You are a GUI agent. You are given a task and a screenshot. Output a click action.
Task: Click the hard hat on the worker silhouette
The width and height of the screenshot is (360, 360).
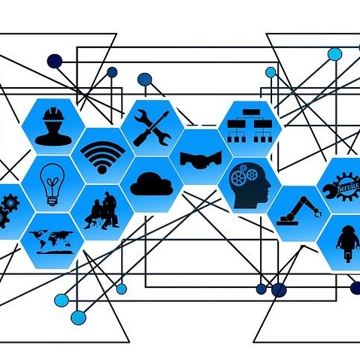coord(53,114)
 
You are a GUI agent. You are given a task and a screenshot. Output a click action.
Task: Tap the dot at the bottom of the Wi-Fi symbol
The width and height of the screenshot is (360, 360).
coord(102,170)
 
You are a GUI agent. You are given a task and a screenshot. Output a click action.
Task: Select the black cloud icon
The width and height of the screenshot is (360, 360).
coord(152,184)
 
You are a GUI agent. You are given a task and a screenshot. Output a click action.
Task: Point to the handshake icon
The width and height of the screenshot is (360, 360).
coord(201,159)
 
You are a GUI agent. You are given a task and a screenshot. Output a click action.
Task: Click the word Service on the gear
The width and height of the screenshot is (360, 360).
coord(348,186)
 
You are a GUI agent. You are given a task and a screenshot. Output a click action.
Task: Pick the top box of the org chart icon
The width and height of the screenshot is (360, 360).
coord(250,113)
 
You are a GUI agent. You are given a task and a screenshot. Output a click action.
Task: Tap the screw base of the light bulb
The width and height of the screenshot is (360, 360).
coord(53,201)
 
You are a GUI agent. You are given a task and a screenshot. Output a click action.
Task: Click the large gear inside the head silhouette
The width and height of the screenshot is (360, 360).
coord(238,178)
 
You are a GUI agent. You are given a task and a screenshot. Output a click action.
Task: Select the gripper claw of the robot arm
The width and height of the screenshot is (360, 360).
coord(318,213)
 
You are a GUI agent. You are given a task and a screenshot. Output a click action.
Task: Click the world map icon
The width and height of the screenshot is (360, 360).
coord(52,241)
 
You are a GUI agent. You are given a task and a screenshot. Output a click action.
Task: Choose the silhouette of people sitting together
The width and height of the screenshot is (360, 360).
coord(102,210)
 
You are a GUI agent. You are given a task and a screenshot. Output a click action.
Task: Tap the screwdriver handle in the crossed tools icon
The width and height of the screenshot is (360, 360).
coord(141,139)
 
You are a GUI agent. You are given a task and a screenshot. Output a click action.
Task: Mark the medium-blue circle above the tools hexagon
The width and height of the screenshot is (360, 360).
coord(144,79)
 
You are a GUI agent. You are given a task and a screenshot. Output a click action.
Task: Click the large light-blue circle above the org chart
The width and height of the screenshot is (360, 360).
coord(335,54)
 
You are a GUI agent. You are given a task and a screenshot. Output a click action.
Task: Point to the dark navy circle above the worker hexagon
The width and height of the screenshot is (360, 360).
coord(55,61)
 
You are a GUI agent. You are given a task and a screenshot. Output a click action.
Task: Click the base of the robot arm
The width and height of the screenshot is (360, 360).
coord(288,222)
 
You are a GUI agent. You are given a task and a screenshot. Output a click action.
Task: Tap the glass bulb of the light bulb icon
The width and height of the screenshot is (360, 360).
coord(53,180)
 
